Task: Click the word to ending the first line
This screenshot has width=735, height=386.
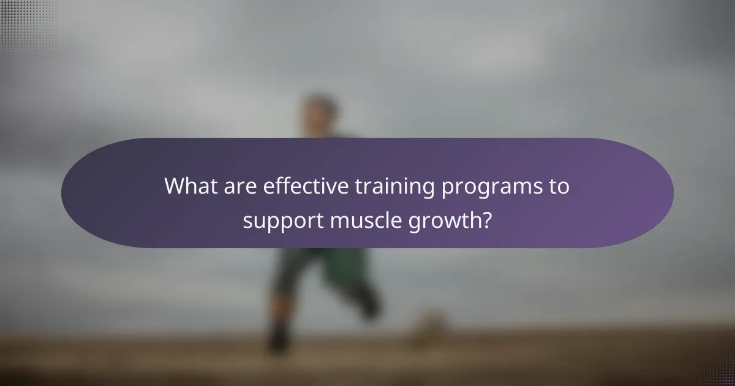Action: click(x=557, y=186)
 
